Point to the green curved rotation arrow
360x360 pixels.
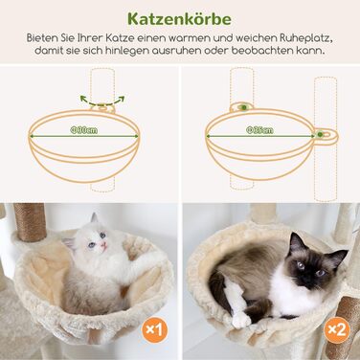(101, 99)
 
